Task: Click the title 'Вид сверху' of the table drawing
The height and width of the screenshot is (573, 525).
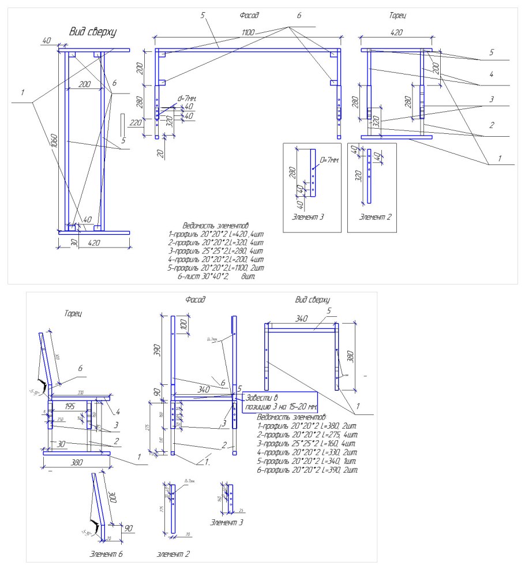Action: point(92,32)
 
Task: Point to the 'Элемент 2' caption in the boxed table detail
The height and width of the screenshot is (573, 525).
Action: point(372,217)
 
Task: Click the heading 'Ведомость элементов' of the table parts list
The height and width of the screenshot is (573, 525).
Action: point(215,226)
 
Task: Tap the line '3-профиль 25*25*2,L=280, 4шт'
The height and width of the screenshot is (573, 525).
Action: point(215,251)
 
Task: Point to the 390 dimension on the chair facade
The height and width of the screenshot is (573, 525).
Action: point(163,349)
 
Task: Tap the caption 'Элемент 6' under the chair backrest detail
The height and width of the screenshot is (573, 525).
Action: point(107,554)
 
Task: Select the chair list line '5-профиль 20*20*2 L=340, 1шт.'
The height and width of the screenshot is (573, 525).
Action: point(307,462)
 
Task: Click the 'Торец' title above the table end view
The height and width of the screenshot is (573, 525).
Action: point(397,16)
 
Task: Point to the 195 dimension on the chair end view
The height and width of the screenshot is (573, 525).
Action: point(70,406)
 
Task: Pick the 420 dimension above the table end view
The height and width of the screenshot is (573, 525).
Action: point(396,33)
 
